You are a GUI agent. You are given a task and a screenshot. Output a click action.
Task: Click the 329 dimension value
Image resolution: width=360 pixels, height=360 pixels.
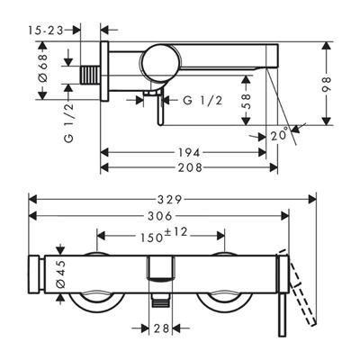coord(170,199)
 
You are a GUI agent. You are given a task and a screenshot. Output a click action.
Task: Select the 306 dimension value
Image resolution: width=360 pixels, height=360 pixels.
coord(160,216)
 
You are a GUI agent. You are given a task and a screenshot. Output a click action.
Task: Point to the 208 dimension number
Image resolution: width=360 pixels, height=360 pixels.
coord(190,167)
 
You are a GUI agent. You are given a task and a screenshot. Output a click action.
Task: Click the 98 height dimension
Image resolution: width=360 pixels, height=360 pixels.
coord(327,85)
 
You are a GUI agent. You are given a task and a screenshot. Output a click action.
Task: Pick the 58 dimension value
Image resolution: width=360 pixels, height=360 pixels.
coord(246,102)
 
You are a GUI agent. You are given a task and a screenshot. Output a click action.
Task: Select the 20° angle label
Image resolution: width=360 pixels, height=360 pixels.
coord(280,135)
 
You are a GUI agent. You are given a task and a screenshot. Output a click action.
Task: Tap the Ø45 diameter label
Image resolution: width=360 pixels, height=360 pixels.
coord(60,274)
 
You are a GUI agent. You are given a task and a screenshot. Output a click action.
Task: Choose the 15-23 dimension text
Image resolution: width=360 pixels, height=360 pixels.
coord(46,31)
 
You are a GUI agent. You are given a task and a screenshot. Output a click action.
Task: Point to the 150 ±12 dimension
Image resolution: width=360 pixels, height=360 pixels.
coord(164,235)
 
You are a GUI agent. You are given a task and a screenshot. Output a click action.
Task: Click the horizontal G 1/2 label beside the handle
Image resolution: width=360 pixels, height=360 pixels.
coord(202,101)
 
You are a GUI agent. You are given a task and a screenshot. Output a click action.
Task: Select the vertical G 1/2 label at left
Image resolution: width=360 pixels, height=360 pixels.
coord(69,122)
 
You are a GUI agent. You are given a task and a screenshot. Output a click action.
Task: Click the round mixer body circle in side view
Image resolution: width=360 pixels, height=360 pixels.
coord(162,63)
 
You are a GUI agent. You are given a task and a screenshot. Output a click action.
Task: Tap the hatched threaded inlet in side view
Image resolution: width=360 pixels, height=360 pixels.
coord(90,75)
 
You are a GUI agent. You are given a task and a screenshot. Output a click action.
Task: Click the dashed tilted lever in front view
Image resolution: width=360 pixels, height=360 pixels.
coord(298,288)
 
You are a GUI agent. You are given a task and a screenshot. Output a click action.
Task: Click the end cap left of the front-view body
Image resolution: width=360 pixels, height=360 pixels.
coord(34,274)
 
